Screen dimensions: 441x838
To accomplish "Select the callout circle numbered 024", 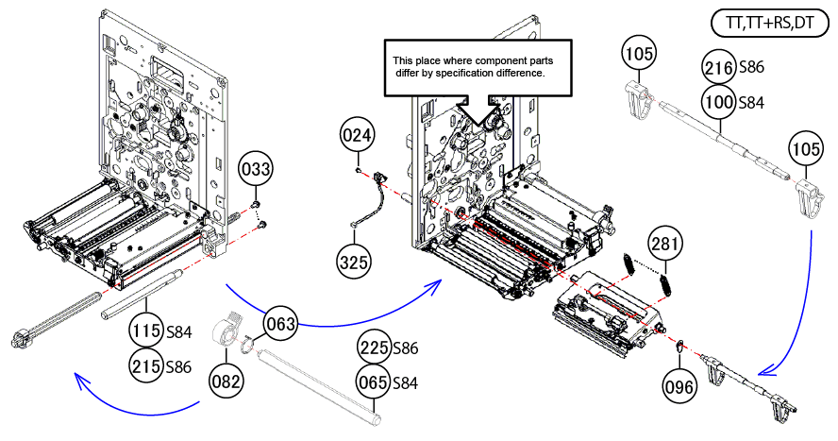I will pos(357,136).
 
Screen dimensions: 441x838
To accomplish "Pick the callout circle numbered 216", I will pos(720,67).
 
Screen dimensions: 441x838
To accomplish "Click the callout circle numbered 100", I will pos(720,100).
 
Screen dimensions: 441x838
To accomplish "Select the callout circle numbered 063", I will pos(281,324).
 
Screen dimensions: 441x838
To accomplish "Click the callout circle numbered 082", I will pos(227,382).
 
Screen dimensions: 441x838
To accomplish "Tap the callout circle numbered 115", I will pos(146,332).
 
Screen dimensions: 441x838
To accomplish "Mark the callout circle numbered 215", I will pos(146,365).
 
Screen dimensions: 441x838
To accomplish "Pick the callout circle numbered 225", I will pos(374,348).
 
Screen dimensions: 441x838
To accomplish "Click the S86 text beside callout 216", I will pos(752,67).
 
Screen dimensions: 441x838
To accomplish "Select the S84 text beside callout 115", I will pos(180,332).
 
